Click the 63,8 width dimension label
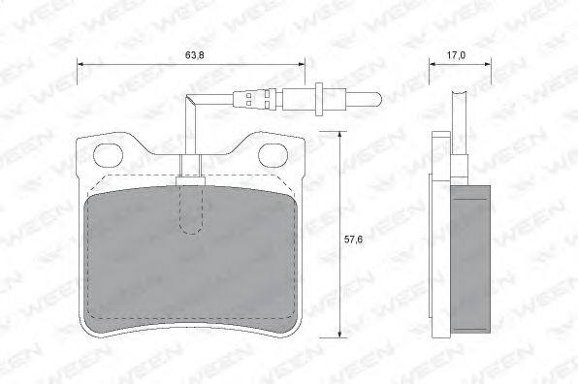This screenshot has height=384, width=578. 195,55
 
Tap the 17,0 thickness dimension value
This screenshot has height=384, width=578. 457,55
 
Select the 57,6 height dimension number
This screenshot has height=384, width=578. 354,240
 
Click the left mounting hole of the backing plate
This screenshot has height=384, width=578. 108,155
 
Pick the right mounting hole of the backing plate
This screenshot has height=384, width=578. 273,155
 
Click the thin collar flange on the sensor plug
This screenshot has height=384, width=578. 319,99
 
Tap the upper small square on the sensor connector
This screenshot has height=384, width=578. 248,95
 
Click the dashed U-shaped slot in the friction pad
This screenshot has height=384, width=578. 191,210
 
